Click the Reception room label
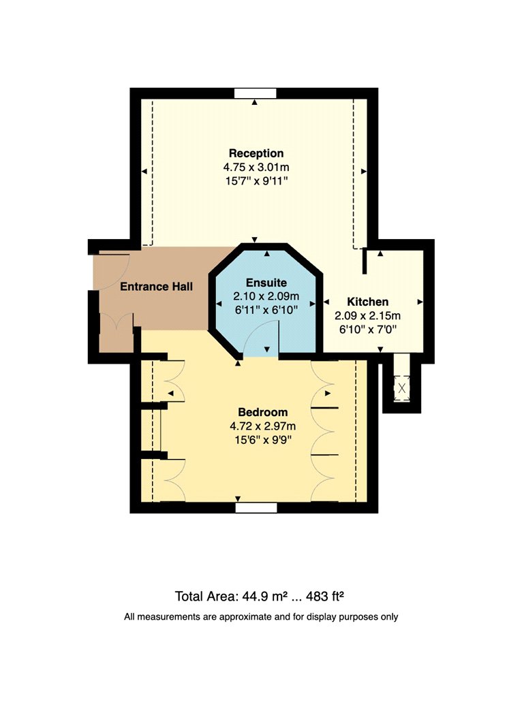256,153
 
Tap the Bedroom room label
263,412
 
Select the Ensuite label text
266,283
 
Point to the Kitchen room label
368,302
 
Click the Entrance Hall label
157,287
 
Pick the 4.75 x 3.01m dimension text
256,167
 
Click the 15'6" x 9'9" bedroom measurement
263,440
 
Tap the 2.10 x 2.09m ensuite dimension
266,296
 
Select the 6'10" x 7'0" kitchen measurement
368,329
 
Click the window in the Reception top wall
255,93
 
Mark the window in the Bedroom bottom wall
256,508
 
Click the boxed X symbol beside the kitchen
402,389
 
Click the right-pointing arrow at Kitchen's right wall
420,302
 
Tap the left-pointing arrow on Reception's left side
144,172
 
